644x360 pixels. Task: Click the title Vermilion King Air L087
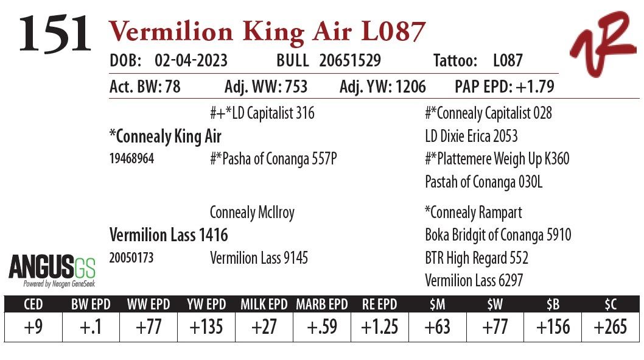click(267, 31)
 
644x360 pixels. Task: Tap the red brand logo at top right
click(602, 43)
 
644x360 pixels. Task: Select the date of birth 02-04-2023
click(191, 61)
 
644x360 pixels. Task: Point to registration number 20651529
click(350, 61)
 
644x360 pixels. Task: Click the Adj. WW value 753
click(294, 86)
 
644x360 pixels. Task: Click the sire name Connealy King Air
click(165, 136)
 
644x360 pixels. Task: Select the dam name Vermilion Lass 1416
click(169, 235)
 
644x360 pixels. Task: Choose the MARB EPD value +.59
click(321, 327)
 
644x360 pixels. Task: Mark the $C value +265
click(610, 327)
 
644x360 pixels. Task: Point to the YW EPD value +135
click(206, 327)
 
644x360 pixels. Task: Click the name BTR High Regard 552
click(477, 258)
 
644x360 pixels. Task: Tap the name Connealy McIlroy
click(252, 213)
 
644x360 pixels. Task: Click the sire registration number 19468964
click(131, 159)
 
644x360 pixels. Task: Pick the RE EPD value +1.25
click(379, 327)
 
